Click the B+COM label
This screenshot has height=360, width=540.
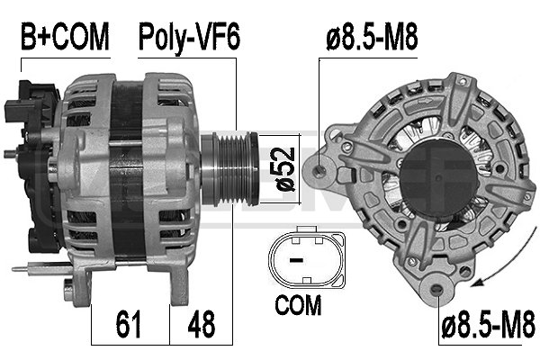tap(65, 37)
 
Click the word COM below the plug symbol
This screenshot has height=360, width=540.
tap(298, 307)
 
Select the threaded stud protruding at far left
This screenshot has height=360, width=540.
tap(11, 155)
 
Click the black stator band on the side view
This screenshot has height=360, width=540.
tap(126, 171)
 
